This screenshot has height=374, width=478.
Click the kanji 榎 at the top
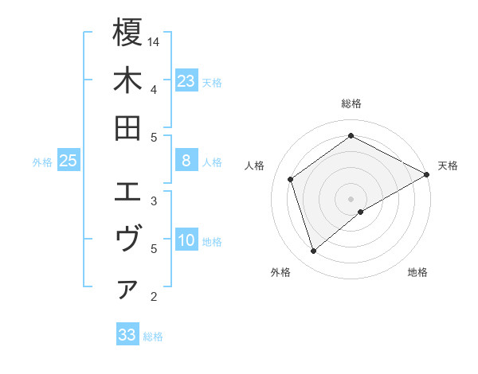tap(127, 33)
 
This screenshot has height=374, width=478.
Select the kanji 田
tap(127, 128)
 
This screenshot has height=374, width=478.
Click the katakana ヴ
tap(127, 240)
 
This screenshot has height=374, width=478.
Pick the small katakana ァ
tap(127, 290)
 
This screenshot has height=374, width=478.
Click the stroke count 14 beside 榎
tap(155, 41)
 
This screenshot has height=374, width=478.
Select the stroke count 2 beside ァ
tap(153, 297)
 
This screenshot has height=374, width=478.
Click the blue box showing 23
tap(186, 81)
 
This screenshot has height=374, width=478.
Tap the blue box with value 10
tap(186, 241)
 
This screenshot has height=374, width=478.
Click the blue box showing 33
tap(127, 335)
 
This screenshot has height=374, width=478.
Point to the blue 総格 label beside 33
tap(153, 337)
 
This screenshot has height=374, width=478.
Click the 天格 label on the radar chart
tap(448, 166)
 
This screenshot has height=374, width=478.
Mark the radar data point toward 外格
tap(314, 251)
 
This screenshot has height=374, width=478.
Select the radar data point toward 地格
tap(361, 212)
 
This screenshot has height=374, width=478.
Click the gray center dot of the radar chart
tap(351, 198)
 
